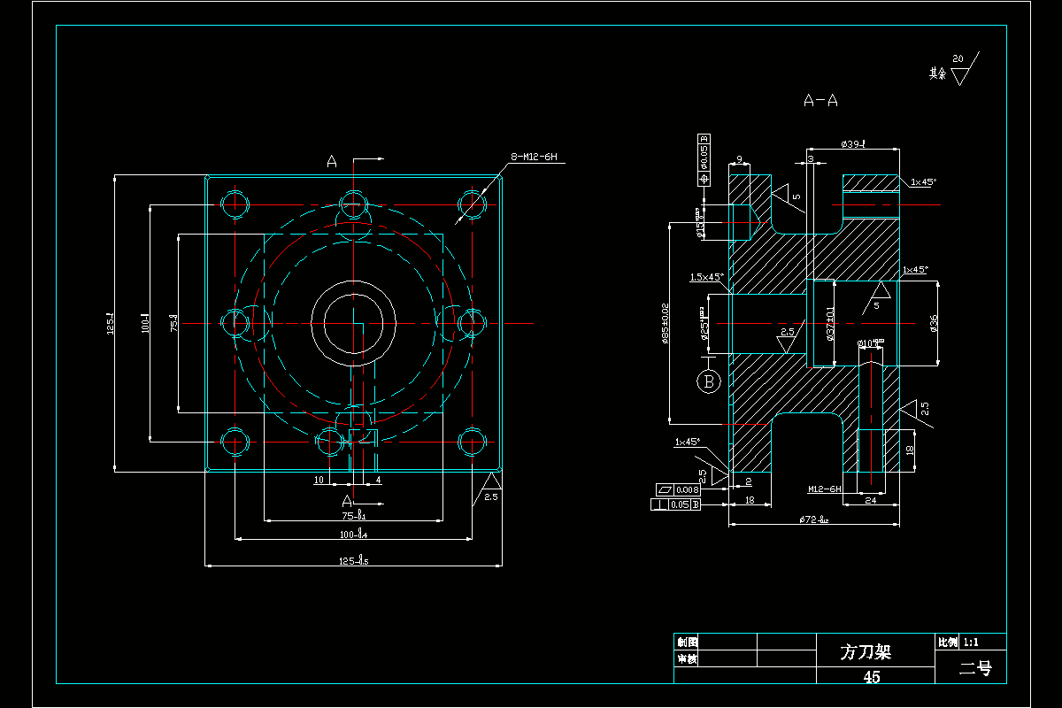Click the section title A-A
820,101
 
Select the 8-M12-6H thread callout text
534,158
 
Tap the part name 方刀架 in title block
865,652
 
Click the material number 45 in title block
872,677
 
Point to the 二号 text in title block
975,669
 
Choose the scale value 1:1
971,642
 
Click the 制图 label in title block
687,642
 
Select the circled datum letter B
708,381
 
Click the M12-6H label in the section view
824,489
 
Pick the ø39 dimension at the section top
853,143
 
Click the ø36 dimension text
934,324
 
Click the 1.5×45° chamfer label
706,277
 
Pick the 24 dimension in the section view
869,501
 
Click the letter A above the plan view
332,161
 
